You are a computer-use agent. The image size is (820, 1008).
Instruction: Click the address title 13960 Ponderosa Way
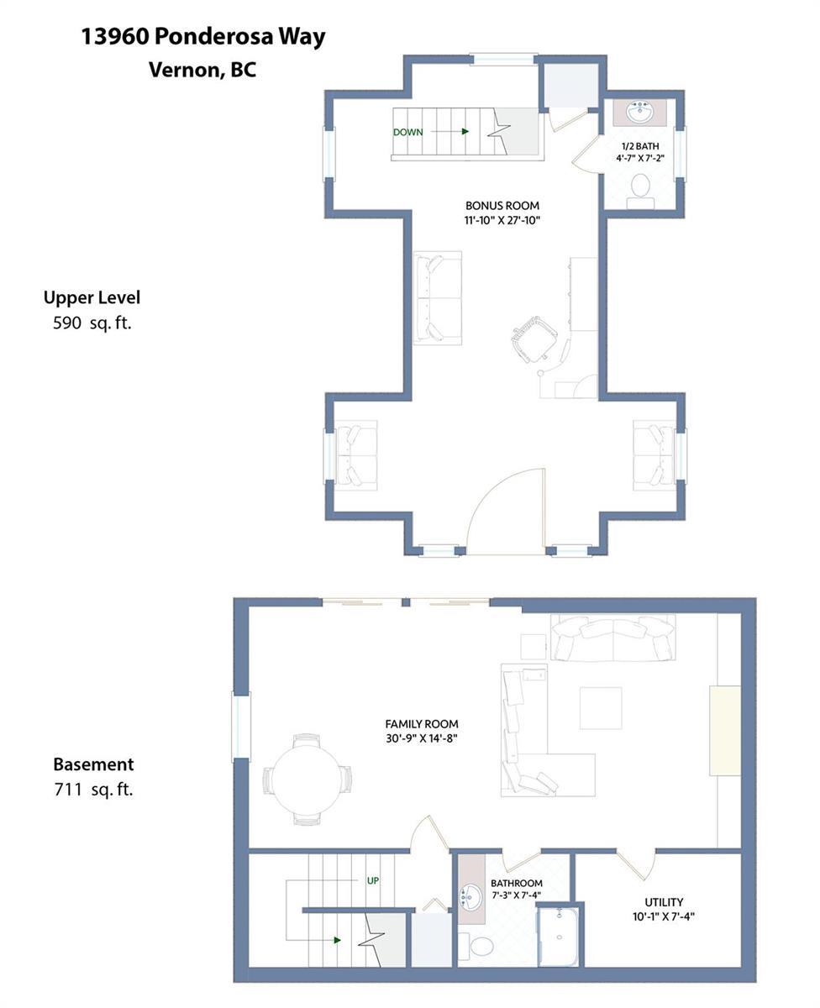[203, 38]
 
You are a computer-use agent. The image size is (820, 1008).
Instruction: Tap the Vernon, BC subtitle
[202, 70]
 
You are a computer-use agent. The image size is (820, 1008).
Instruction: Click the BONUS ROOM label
[502, 206]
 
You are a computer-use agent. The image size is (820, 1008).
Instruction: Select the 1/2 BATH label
[640, 146]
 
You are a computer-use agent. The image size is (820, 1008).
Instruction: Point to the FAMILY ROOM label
[422, 724]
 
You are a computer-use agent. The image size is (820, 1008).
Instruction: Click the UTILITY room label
[664, 902]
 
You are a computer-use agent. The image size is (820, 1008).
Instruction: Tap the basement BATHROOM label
[516, 883]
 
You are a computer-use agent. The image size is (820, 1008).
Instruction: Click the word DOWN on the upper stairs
[407, 133]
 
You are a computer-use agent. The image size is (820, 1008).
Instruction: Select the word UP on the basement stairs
[373, 880]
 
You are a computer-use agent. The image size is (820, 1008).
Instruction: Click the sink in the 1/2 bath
[639, 113]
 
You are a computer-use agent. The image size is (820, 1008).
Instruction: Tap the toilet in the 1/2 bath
[641, 192]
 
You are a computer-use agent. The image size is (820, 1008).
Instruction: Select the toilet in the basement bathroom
[476, 947]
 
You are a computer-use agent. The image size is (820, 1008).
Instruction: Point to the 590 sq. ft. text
[92, 323]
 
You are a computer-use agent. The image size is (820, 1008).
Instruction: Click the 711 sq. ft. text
[93, 790]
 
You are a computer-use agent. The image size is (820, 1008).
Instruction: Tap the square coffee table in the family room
[601, 708]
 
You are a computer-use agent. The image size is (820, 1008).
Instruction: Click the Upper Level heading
[92, 298]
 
